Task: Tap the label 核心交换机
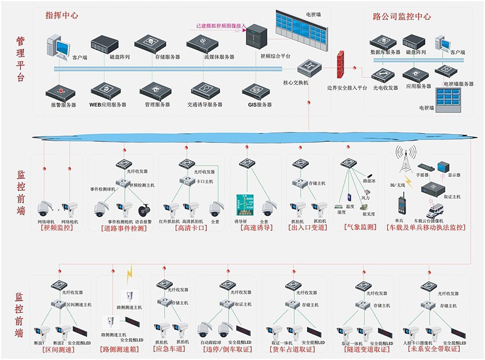(x=295, y=83)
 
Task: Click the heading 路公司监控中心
(x=402, y=16)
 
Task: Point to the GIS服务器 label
(x=260, y=105)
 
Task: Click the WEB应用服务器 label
(x=107, y=105)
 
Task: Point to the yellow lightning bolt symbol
(x=130, y=271)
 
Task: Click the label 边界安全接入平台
(x=347, y=89)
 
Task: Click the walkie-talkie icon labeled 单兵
(x=400, y=206)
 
